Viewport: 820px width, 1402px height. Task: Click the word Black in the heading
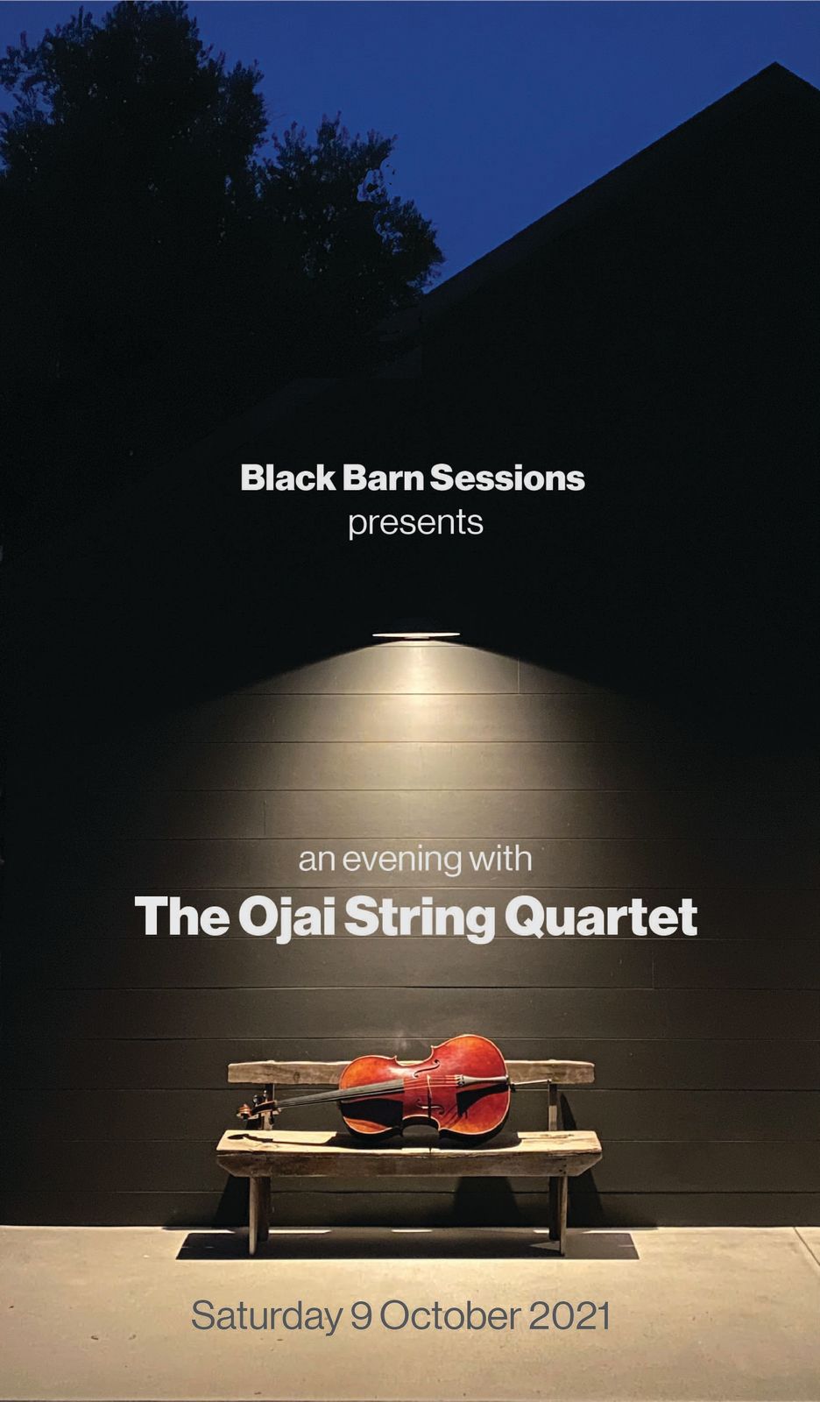(x=288, y=478)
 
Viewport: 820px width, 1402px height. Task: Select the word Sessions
(x=507, y=478)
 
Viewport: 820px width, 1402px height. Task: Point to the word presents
(x=415, y=523)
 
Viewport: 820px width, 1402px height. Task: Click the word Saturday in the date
(x=266, y=1316)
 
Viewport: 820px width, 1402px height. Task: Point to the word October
(x=450, y=1315)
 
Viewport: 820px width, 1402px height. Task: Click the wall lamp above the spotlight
(x=415, y=634)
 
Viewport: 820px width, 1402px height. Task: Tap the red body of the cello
(x=426, y=1089)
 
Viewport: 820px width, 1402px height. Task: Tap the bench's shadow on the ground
(x=406, y=1245)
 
